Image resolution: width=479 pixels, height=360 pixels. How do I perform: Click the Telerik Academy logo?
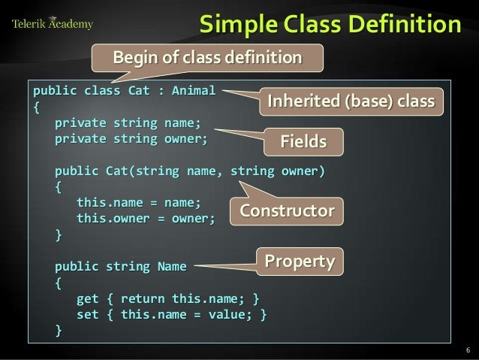[x=52, y=23]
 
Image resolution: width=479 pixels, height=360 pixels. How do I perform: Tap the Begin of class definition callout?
[x=206, y=58]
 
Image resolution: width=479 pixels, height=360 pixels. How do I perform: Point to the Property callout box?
[x=300, y=262]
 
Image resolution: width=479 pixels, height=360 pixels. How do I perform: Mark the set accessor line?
[x=171, y=313]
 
